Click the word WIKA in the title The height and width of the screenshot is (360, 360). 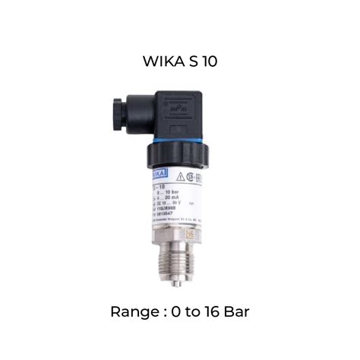(x=162, y=62)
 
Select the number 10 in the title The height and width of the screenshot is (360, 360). (x=209, y=62)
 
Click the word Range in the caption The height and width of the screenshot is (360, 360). (x=133, y=311)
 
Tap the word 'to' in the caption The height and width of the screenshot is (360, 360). (x=191, y=311)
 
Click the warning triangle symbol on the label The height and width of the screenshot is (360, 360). (x=181, y=176)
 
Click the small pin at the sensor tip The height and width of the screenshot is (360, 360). (x=176, y=283)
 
